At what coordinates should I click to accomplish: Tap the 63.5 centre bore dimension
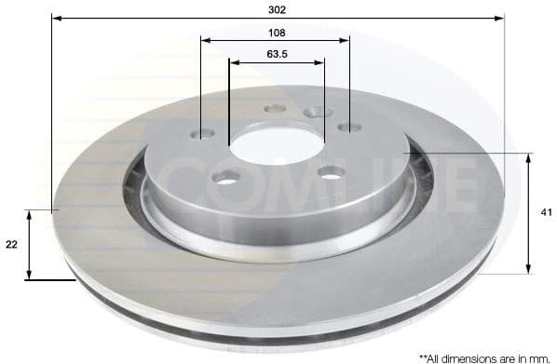click(276, 54)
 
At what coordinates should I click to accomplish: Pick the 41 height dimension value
click(546, 213)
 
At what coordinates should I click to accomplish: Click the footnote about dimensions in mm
click(484, 357)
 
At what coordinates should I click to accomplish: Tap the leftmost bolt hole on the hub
click(202, 135)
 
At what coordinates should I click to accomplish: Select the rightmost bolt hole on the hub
click(349, 127)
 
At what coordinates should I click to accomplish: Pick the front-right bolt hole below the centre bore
click(330, 171)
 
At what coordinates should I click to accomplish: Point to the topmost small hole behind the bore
click(274, 108)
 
